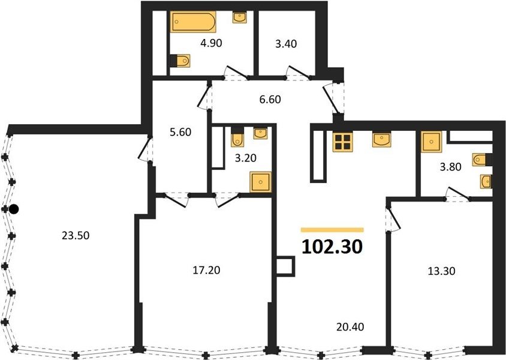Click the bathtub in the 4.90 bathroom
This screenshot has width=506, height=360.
coord(193,22)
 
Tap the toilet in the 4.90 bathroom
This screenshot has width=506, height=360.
coord(180,61)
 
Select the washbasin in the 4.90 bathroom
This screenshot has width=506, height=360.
coord(240,17)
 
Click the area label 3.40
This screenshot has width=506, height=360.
coord(286,44)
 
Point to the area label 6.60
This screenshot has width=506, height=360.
coord(270,100)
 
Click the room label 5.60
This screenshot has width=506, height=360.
coord(180,132)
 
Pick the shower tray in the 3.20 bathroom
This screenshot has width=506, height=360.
coord(260,182)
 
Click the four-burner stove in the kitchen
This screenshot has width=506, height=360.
coord(343,142)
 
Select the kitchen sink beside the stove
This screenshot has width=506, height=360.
coord(381,139)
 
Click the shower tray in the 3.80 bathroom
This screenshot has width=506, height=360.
coord(431,142)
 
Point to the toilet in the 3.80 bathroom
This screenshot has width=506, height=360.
coord(482,160)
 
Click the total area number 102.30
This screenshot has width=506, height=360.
coord(332,247)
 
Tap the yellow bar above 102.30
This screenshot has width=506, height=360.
coord(332,230)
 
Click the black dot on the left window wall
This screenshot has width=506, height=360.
coord(14,209)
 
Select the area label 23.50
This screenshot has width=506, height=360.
coord(76,235)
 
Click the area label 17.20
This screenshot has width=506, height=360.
coord(206,270)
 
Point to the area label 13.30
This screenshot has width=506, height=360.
coord(441,271)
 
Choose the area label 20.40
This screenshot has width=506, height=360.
coord(350,327)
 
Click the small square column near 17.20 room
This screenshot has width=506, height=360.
coord(285,266)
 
